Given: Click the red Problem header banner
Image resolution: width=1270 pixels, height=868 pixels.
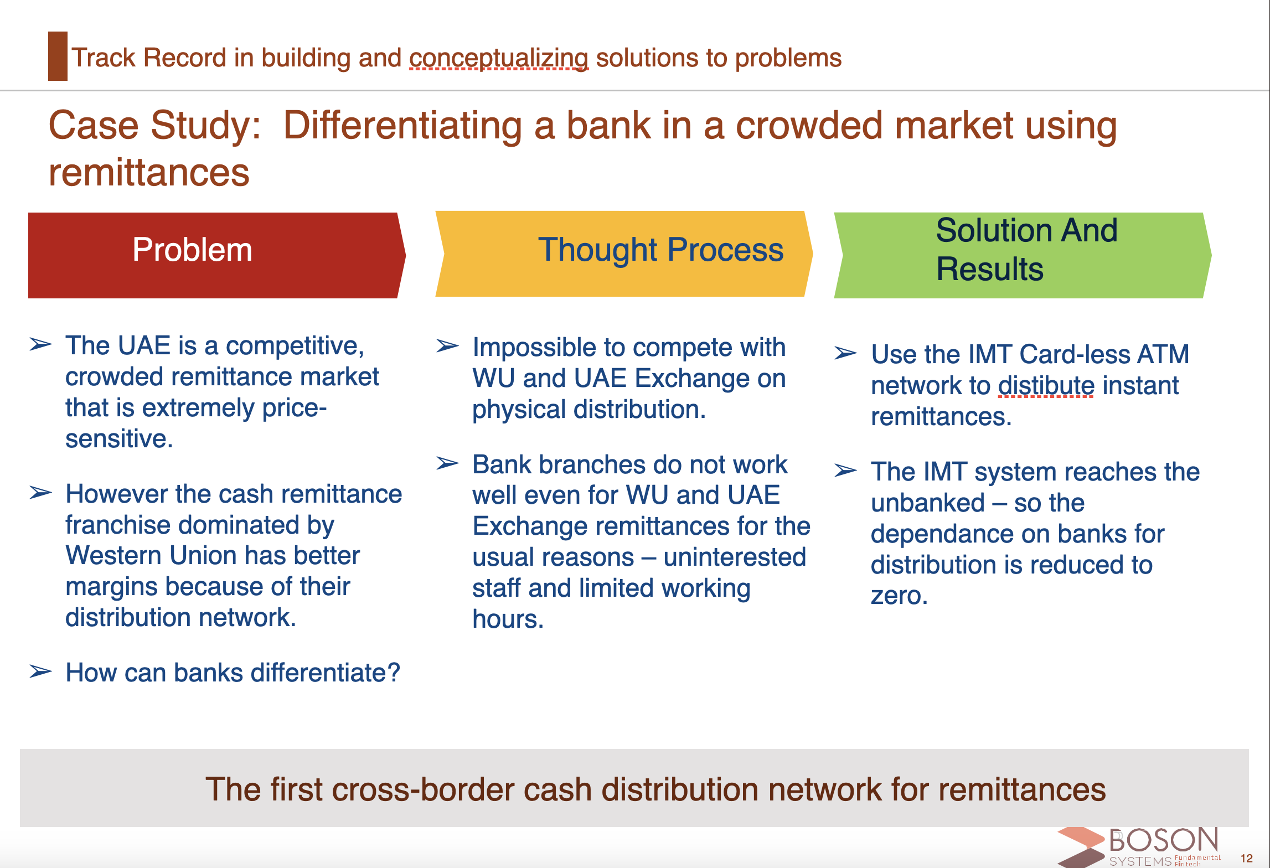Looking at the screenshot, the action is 216,255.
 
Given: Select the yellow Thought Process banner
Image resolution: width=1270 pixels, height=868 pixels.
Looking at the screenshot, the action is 624,254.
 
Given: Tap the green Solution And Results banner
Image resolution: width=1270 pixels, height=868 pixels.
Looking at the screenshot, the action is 1023,255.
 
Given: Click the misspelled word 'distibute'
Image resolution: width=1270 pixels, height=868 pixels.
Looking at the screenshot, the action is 1046,385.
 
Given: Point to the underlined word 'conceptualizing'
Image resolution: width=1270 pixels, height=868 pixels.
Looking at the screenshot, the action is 499,58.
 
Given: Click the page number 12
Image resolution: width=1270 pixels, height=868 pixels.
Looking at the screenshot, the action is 1247,858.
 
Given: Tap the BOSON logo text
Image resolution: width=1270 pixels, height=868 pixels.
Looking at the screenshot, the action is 1164,840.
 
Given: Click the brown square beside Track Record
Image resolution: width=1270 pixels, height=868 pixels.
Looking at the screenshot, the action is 58,56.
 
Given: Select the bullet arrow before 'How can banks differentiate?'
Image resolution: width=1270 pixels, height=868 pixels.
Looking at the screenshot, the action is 40,671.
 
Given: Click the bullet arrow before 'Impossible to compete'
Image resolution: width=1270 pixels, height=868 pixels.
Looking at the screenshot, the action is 447,346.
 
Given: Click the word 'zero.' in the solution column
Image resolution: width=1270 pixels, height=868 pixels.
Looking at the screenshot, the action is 899,596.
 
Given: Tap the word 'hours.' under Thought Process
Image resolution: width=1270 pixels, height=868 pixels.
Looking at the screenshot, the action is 508,619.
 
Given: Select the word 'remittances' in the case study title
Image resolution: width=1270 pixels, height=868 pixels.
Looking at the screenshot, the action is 149,172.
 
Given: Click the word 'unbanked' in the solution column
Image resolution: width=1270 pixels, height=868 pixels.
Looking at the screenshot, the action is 927,503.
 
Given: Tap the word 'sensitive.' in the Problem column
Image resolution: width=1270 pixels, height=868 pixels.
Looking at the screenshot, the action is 119,438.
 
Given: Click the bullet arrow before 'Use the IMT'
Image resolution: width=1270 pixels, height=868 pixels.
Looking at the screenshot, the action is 845,353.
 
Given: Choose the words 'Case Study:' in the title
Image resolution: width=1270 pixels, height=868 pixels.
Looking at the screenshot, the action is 155,126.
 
